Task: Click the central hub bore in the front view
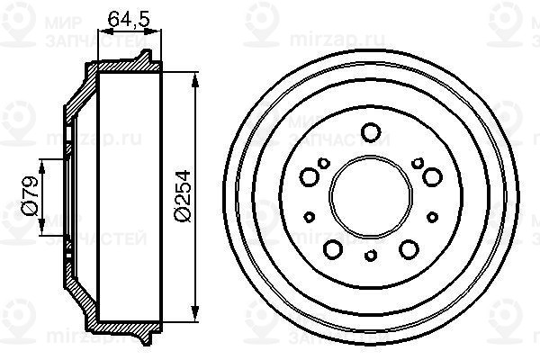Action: pos(369,193)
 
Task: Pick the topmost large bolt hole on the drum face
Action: pos(369,133)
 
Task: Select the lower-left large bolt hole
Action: pos(331,249)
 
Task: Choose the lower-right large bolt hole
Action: pos(408,249)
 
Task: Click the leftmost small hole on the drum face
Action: pos(310,216)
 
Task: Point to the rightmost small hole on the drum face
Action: pos(429,216)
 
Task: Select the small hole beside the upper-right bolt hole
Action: pos(416,163)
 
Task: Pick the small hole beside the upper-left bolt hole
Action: pos(322,163)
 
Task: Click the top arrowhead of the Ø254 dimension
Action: pos(195,77)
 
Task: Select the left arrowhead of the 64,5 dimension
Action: pos(99,31)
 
